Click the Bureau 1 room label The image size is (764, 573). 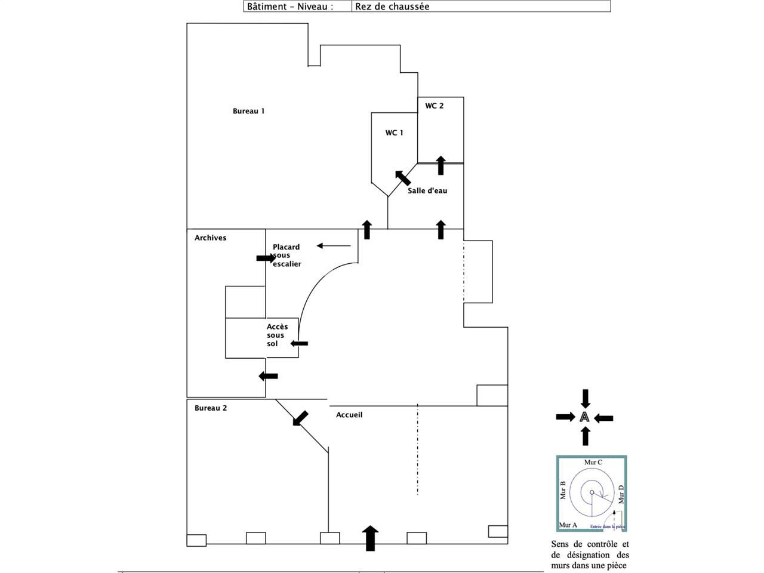click(x=248, y=111)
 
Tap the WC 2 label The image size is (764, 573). click(x=434, y=106)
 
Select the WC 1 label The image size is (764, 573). click(x=394, y=133)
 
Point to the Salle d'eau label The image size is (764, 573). click(x=427, y=191)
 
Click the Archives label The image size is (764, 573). click(x=210, y=238)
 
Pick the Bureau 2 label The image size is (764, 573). click(x=210, y=408)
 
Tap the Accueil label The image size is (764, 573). click(x=349, y=415)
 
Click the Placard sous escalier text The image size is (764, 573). click(x=286, y=255)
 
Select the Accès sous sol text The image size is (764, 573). click(x=277, y=335)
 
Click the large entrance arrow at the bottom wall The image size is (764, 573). click(x=371, y=538)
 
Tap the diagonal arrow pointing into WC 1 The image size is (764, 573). click(x=402, y=177)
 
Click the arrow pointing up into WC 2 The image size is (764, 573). click(x=440, y=165)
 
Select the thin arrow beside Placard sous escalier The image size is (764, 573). click(x=334, y=245)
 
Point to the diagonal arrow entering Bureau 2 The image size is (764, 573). click(x=300, y=418)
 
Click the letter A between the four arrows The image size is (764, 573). click(x=584, y=417)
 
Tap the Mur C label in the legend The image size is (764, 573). click(x=593, y=463)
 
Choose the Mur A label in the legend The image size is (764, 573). click(x=568, y=525)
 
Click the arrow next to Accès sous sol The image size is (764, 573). click(x=299, y=343)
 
